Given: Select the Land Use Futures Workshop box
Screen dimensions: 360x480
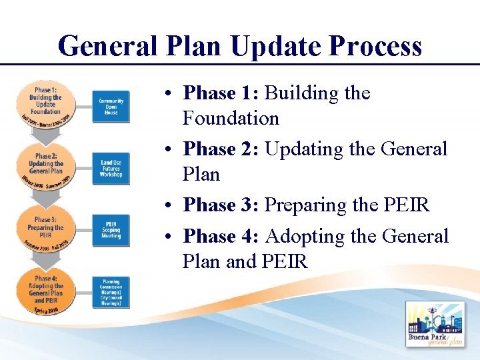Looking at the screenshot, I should point(111,169).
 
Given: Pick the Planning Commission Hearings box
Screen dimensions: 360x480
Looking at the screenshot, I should point(111,293).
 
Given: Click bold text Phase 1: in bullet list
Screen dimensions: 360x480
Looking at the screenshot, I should point(221,93).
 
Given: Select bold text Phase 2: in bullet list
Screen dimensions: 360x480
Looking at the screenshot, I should point(221,149).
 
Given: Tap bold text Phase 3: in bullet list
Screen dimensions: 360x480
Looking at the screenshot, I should point(221,205).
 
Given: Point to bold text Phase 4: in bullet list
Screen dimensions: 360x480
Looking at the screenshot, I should point(221,236).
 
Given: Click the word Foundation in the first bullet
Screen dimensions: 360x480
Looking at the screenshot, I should point(231,119).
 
